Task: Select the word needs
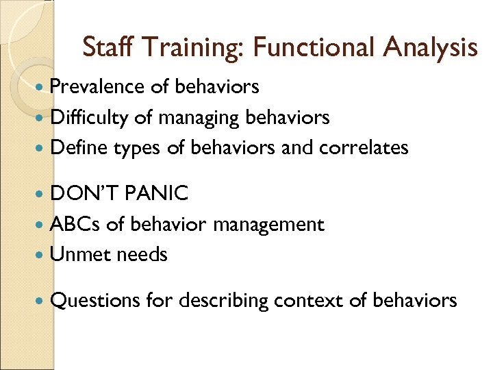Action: coord(142,255)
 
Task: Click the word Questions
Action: coord(94,300)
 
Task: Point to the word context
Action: coord(309,300)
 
